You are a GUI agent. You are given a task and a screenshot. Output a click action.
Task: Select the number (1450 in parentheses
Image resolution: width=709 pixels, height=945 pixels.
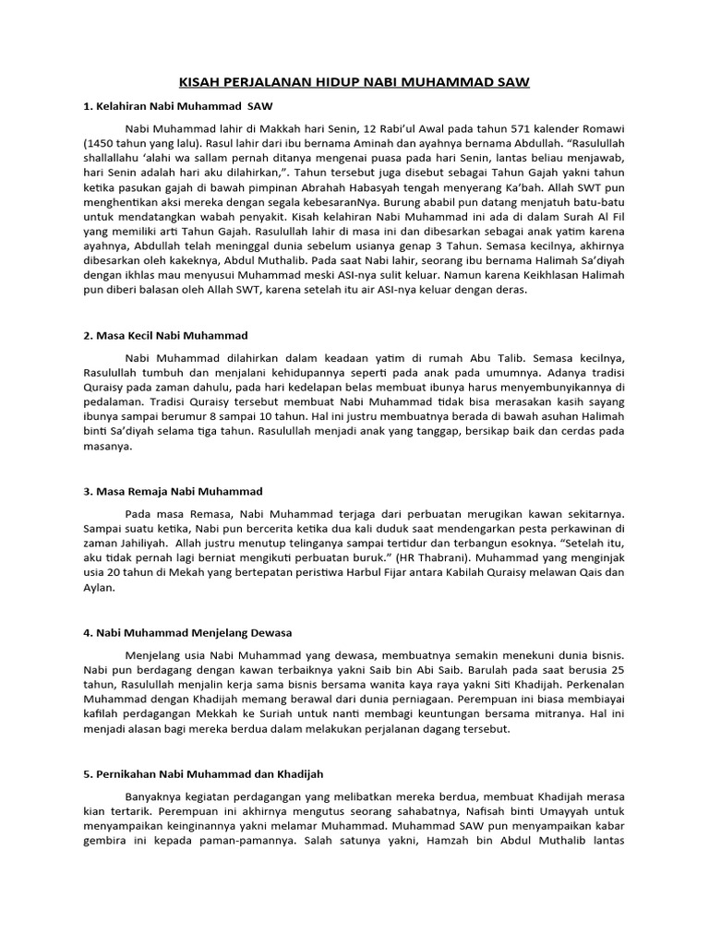tap(101, 145)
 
